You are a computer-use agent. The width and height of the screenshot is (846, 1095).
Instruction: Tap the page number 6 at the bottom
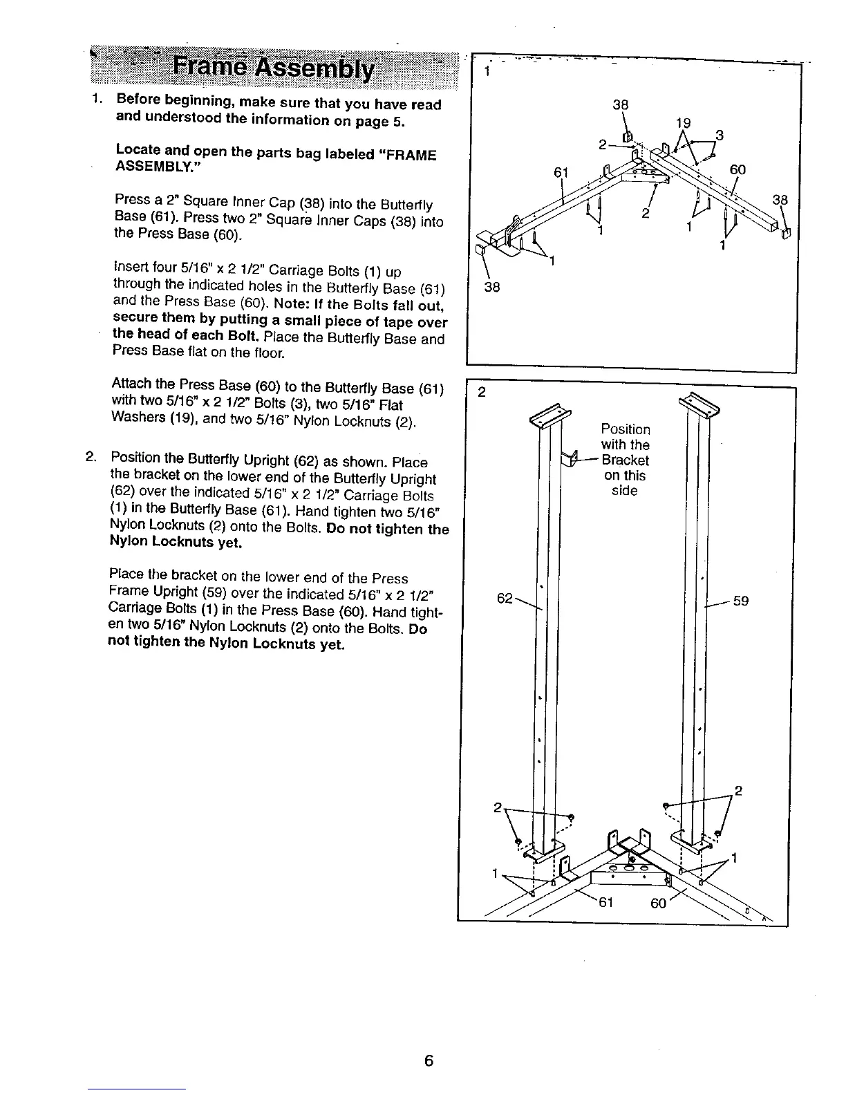(x=429, y=1060)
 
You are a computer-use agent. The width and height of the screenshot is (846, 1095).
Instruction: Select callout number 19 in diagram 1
(x=683, y=123)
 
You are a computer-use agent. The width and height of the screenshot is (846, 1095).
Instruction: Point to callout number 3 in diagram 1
(x=720, y=135)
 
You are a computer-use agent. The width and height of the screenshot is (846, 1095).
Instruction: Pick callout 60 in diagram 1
(x=737, y=170)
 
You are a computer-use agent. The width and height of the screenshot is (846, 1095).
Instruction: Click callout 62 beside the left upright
(x=505, y=597)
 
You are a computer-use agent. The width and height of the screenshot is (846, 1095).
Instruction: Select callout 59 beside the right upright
(x=741, y=601)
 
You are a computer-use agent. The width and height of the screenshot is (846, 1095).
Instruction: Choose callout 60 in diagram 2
(x=659, y=903)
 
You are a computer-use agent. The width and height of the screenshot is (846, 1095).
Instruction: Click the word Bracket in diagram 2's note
(x=625, y=460)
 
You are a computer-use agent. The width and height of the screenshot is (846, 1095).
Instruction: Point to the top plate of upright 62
(x=549, y=415)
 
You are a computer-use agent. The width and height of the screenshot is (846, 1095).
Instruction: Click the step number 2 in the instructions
(x=90, y=457)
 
